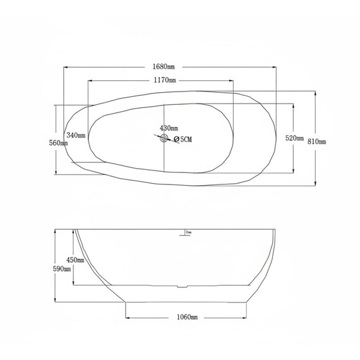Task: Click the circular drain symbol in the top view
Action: point(164,139)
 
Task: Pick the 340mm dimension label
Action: point(75,136)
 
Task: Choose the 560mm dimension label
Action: point(59,143)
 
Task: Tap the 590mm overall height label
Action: point(61,268)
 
